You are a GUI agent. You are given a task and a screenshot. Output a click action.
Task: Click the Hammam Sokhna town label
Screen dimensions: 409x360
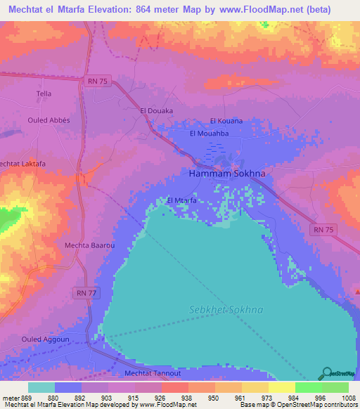[x=221, y=172]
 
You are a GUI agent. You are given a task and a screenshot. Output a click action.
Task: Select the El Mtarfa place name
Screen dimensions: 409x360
[x=181, y=200]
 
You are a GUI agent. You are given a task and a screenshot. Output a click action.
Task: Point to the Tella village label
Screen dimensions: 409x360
[x=44, y=93]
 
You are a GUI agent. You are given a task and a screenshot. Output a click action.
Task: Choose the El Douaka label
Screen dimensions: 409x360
[x=156, y=111]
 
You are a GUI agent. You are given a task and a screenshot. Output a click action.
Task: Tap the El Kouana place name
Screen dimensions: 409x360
[x=226, y=121]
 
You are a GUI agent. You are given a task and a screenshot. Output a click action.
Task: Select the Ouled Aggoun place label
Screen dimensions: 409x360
[x=40, y=340]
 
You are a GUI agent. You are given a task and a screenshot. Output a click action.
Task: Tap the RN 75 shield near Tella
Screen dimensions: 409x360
[x=98, y=81]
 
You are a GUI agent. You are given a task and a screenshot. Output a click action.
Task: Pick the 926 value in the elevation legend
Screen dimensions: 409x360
[x=168, y=398]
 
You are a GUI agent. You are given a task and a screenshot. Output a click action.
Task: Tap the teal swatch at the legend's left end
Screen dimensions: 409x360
[x=41, y=387]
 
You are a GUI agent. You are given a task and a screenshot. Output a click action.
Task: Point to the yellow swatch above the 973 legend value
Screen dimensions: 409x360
[x=255, y=387]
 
